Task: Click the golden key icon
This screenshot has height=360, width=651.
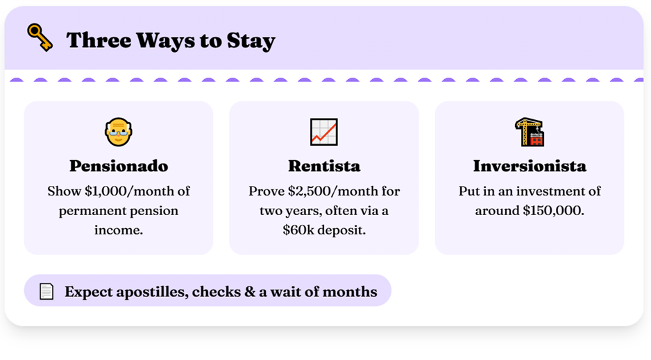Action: point(40,37)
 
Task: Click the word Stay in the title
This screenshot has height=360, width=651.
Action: point(251,41)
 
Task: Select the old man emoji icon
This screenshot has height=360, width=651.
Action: point(118,132)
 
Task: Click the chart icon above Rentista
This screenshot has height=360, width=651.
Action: point(324,132)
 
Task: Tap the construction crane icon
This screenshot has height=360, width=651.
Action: point(530,132)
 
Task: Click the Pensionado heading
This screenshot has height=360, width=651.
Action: point(119,166)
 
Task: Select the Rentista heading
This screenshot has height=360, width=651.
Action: point(324,166)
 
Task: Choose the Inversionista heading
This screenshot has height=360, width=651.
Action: point(530,166)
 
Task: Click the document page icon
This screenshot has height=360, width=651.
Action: point(46,291)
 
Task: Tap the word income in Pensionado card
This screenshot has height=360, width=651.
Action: point(118,230)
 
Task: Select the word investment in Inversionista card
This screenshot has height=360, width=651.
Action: point(552,191)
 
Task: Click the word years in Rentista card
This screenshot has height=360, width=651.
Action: point(302,211)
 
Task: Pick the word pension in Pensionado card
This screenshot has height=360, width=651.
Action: point(155,211)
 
